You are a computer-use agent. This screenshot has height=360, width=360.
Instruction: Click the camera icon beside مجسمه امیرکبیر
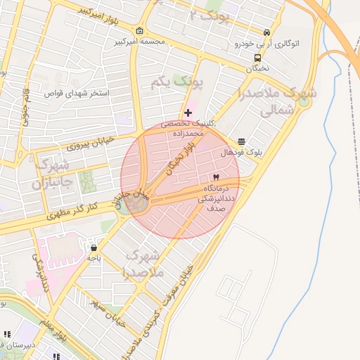(x=139, y=31)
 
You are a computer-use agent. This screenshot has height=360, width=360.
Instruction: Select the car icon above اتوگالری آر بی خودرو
(x=266, y=32)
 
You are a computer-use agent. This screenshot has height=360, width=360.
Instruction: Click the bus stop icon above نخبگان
(x=257, y=58)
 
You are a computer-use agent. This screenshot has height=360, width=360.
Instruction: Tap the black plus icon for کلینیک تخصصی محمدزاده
(x=188, y=112)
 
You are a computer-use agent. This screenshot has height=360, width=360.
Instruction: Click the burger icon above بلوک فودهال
(x=242, y=141)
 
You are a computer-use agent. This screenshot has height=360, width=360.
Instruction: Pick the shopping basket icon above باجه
(x=94, y=247)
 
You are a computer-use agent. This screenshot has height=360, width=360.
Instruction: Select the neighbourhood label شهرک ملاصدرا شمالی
(x=277, y=101)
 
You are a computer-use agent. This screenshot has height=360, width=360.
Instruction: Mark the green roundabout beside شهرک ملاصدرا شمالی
(x=304, y=101)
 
